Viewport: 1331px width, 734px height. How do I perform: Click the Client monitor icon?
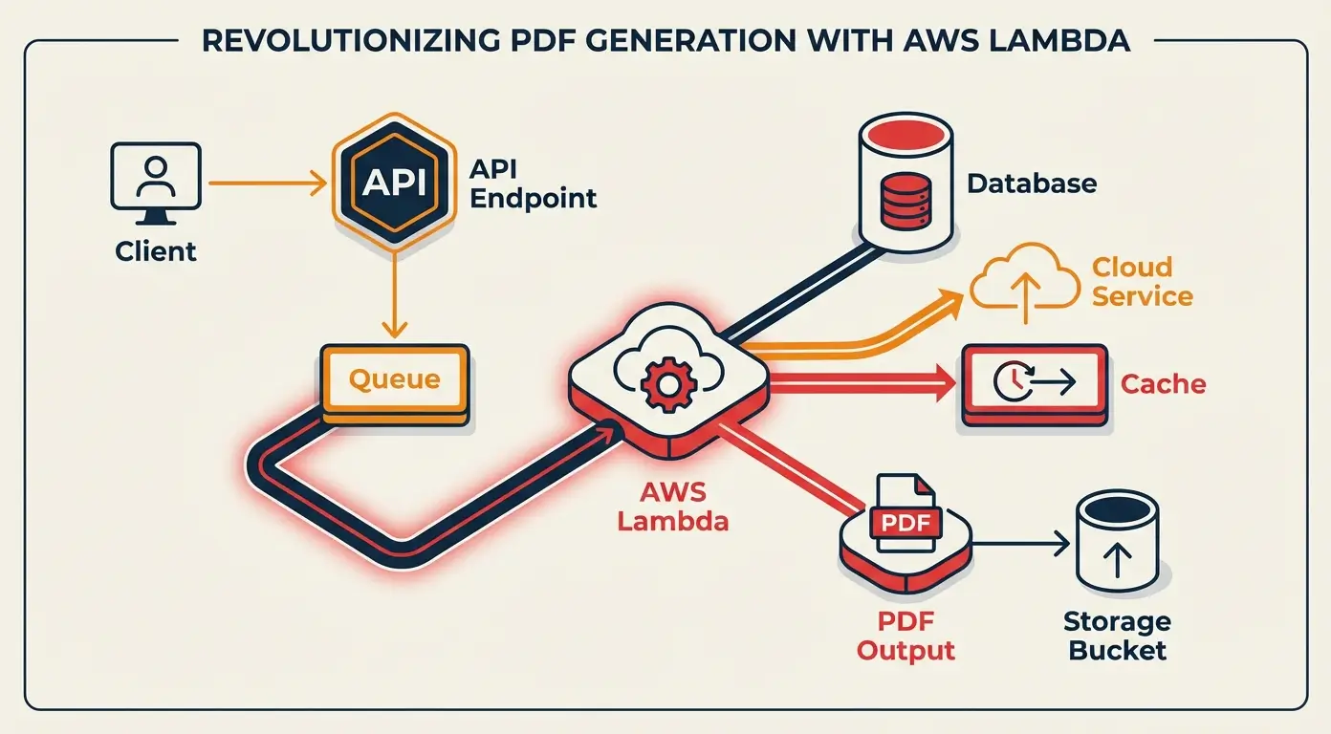point(156,176)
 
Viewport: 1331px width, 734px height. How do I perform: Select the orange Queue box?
point(395,381)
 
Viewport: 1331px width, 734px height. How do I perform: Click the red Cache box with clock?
point(1034,384)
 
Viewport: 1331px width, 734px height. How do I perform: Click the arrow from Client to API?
point(264,182)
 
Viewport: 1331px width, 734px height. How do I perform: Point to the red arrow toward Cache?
point(861,384)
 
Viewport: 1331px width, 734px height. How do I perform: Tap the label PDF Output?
point(905,637)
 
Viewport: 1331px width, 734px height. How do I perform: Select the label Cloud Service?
point(1143,281)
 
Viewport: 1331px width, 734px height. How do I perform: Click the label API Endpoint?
point(533,183)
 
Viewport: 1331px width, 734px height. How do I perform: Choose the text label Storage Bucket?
point(1117,637)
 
